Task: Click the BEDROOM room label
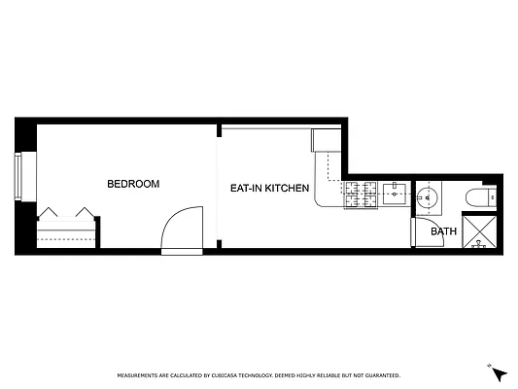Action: [133, 183]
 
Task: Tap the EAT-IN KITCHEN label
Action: [270, 188]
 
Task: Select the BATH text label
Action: [443, 231]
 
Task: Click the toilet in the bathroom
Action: [480, 197]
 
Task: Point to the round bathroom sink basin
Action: [428, 198]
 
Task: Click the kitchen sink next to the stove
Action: [394, 194]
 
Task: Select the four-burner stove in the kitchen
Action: [362, 194]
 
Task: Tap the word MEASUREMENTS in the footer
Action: [140, 374]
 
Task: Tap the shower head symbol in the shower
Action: [478, 245]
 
